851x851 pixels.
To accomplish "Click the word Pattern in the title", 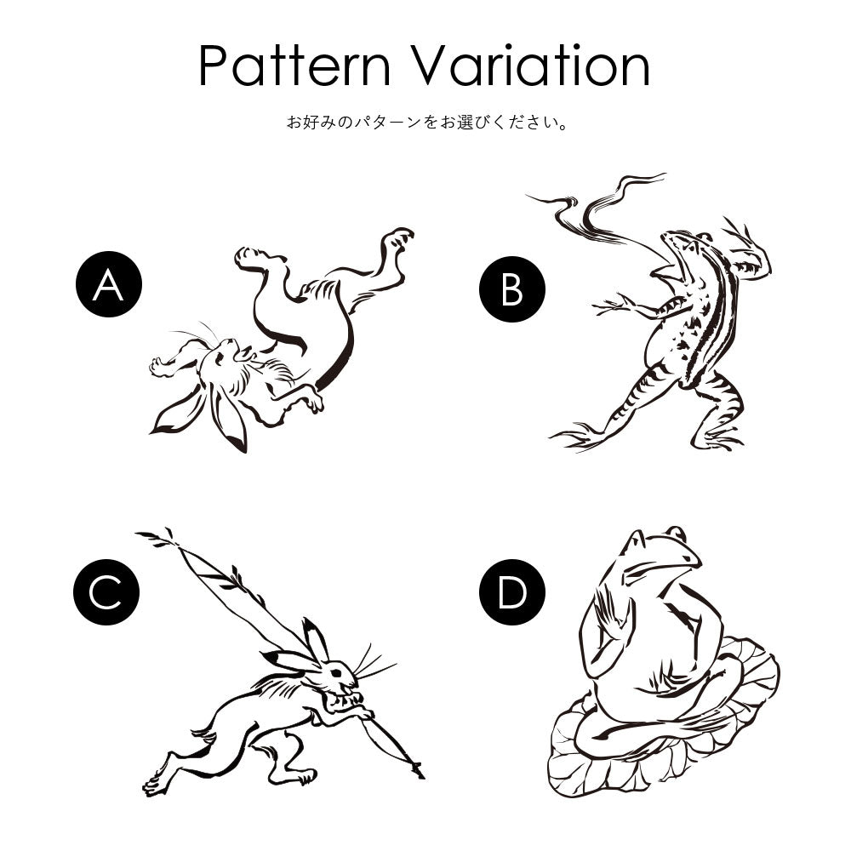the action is point(294,66).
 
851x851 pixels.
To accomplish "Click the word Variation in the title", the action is point(529,66).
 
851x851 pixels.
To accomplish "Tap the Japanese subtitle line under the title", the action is point(428,122).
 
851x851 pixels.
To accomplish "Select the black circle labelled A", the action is point(109,284).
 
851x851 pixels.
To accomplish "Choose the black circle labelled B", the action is point(512,288).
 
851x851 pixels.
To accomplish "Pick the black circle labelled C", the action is point(106,592).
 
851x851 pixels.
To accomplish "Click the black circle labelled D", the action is point(512,592).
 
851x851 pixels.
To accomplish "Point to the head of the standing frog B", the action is point(685,244).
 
